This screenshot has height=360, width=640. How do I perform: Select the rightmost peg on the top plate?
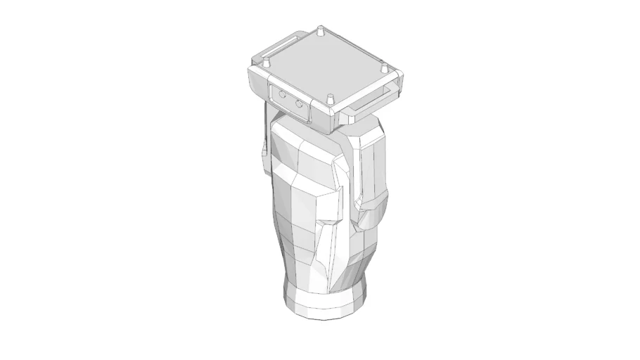coord(384,69)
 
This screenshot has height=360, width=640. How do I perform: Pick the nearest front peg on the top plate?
coord(330,99)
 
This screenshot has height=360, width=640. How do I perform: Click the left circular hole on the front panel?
coord(283,94)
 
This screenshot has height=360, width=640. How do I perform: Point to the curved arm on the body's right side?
coord(372,176)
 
